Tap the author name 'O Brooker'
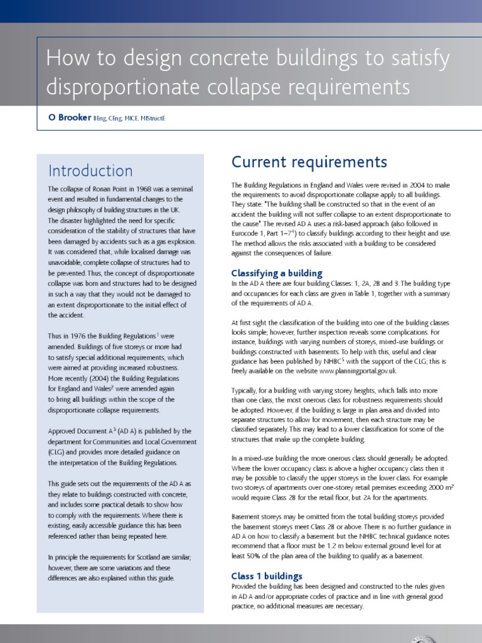point(69,117)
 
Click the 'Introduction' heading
point(90,171)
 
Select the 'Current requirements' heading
point(309,162)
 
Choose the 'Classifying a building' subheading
point(277,273)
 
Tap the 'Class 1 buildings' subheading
point(267,576)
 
